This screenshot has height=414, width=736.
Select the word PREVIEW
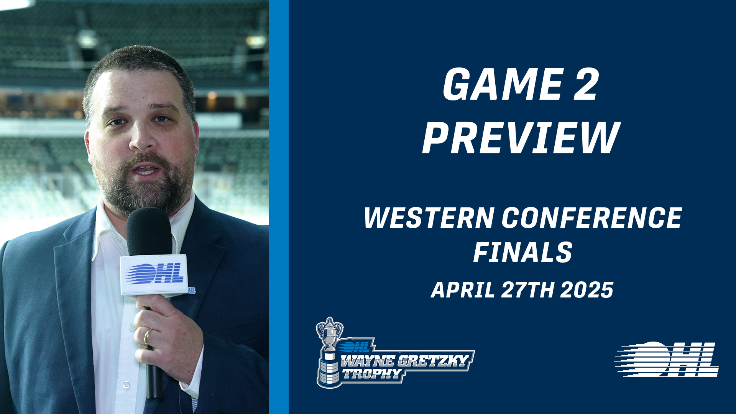[521, 138]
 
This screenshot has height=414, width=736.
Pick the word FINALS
[523, 252]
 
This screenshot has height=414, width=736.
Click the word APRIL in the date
[463, 290]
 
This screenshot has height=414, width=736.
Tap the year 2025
[587, 290]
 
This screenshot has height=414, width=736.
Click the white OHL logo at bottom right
[667, 359]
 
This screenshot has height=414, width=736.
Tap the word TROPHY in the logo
[372, 373]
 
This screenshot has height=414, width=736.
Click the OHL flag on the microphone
[154, 274]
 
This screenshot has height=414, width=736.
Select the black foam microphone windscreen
[149, 232]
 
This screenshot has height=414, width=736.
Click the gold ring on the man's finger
[147, 337]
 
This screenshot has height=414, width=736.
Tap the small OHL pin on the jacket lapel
[192, 291]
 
